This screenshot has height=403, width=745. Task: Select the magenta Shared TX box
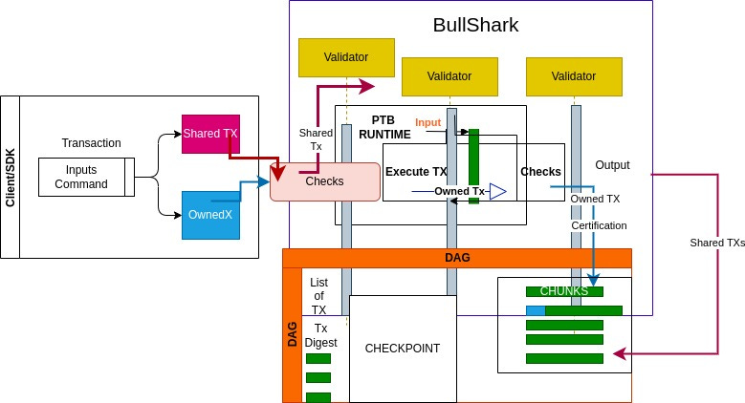pos(210,135)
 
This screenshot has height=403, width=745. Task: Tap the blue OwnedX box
pos(210,215)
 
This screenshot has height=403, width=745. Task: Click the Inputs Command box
pos(81,176)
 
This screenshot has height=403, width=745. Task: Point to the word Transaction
pos(91,143)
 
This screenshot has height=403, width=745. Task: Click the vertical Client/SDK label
pos(11,177)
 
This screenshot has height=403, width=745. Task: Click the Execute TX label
pos(416,172)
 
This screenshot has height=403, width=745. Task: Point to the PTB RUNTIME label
pos(384,127)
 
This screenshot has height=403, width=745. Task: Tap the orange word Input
pos(428,123)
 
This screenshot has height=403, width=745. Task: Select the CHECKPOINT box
pos(403,348)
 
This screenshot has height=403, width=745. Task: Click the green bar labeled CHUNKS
pos(564,290)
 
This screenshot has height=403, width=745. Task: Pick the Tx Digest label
pos(321,335)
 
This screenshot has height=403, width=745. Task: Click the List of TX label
pos(319,296)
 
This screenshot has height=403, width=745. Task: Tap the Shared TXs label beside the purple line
pos(717,243)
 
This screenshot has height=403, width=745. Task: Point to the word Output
pos(612,164)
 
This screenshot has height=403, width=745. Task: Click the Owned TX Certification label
pos(600,212)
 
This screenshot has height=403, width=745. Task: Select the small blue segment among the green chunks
pos(536,310)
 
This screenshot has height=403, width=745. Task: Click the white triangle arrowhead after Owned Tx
pos(497,191)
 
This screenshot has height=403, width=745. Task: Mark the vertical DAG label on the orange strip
pos(293,333)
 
